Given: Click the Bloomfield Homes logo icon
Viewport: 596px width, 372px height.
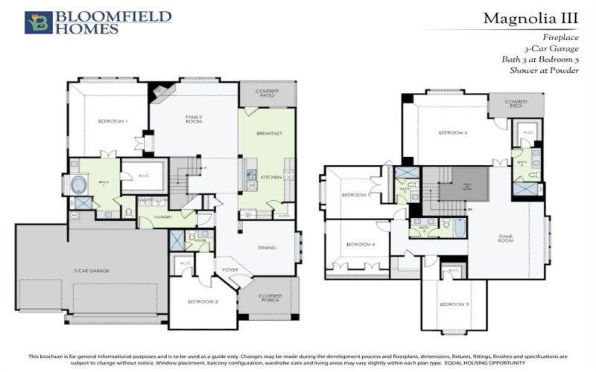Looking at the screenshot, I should coord(39,22).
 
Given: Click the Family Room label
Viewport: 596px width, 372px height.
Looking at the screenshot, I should coord(194,119).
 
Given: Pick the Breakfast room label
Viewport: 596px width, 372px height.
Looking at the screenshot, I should coord(268,133).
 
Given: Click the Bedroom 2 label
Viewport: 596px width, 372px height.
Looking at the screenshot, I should coord(203,301).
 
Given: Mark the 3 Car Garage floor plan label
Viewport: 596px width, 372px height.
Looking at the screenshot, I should coord(92,271).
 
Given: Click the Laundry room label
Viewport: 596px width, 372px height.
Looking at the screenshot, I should coord(164,217).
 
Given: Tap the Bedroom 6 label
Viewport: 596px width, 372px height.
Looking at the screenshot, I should coord(452,132).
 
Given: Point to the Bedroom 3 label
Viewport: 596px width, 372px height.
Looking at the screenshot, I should coord(453,304).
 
